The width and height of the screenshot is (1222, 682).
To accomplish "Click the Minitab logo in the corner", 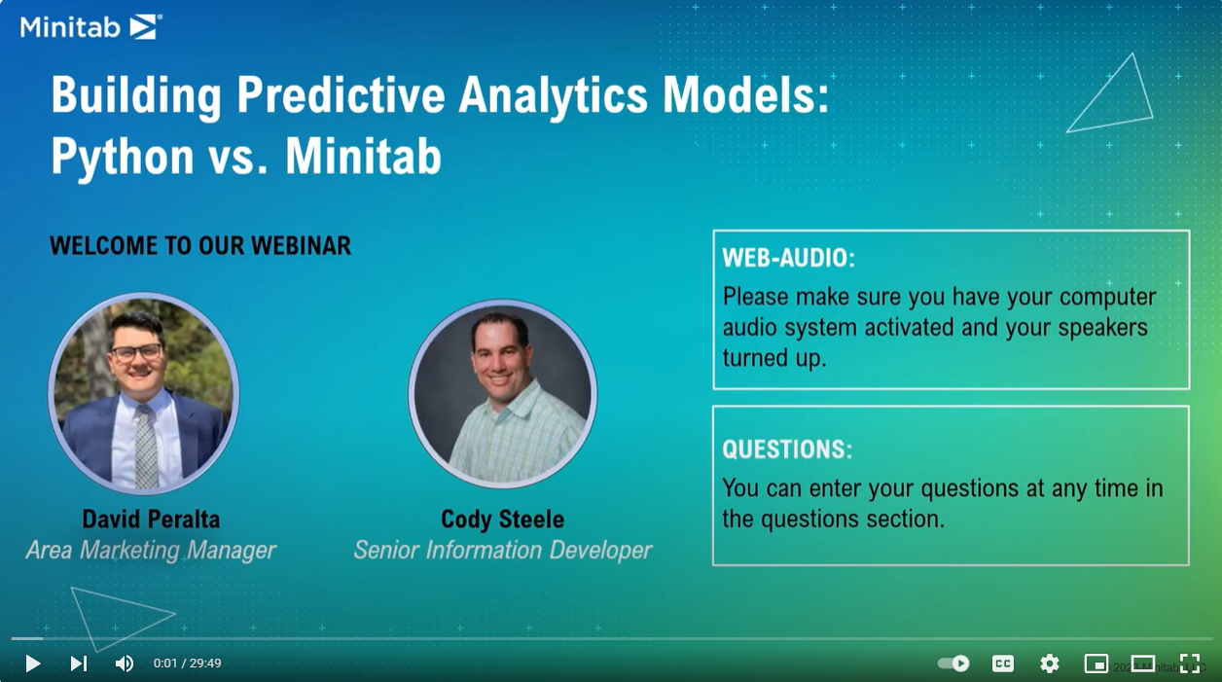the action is click(91, 27).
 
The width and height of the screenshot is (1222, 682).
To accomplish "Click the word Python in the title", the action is click(123, 157).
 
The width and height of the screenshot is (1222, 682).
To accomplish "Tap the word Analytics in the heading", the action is click(553, 95).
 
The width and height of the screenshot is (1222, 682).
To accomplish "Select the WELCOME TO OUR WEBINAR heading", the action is click(200, 245).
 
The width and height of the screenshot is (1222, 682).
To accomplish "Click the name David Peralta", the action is click(151, 520).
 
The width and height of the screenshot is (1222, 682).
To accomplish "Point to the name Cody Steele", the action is click(502, 520).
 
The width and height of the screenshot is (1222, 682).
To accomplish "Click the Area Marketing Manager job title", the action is click(151, 550).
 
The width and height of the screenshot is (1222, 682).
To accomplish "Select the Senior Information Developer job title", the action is click(503, 550).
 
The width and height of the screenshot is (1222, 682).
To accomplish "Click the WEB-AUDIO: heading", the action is click(789, 258).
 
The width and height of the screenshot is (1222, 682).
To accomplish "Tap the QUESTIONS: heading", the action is click(787, 449).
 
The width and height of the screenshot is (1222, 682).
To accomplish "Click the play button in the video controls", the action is click(33, 664).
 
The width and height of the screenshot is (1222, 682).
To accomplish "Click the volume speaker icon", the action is click(125, 664).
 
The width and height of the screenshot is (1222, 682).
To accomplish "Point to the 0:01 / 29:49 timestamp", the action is click(187, 664).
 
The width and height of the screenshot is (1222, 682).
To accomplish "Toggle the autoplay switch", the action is click(953, 664).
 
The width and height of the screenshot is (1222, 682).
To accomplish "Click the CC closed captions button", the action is click(1003, 664).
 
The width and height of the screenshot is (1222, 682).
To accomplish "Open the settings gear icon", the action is click(1050, 664).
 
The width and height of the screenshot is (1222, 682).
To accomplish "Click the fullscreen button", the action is click(1190, 664).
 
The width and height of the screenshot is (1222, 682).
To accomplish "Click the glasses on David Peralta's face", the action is click(136, 352).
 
